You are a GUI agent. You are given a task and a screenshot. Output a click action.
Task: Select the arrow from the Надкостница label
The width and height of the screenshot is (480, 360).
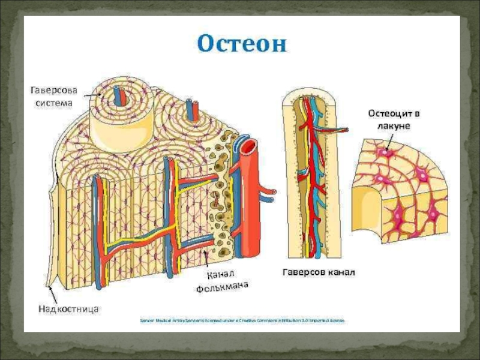pos(53,294)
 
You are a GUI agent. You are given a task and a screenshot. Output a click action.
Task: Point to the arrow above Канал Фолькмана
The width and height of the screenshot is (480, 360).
pos(206,259)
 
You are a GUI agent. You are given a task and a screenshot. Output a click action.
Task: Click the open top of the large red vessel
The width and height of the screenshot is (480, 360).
pos(250,145)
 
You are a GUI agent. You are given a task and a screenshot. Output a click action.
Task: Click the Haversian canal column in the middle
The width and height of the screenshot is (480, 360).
pos(311,180)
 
